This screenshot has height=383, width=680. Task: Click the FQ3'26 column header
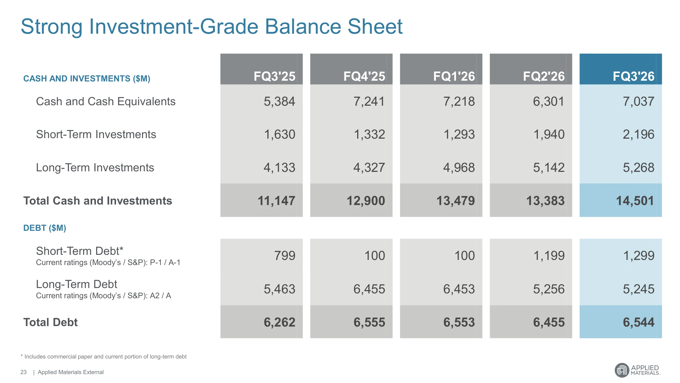coord(633,76)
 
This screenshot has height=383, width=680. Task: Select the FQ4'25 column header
coord(364,76)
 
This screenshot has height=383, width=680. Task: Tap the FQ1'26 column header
coord(454,76)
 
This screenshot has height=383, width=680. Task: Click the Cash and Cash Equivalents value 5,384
coord(279,102)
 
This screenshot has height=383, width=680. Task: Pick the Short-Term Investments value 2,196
coord(639,134)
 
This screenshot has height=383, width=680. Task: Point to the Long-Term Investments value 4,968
coord(459,167)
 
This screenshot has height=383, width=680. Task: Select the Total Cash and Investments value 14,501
coord(635,201)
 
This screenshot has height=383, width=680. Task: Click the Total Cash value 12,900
coord(366,201)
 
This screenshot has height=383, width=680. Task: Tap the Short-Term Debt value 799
coord(285,256)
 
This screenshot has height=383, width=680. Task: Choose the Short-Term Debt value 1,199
coord(549,256)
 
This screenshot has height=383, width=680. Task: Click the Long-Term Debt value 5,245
coord(639,289)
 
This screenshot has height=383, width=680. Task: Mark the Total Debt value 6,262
coord(280,322)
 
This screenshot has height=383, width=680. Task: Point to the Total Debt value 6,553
coord(459,322)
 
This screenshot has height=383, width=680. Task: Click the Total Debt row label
coord(51,322)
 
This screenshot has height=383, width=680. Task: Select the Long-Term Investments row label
coord(95,167)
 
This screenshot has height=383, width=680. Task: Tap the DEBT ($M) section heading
coord(45,228)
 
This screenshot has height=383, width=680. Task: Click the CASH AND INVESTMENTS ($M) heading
coord(86,78)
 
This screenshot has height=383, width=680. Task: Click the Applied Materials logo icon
coord(622,370)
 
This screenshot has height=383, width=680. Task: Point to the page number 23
coord(23,372)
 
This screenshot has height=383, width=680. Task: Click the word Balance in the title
coord(303,27)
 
